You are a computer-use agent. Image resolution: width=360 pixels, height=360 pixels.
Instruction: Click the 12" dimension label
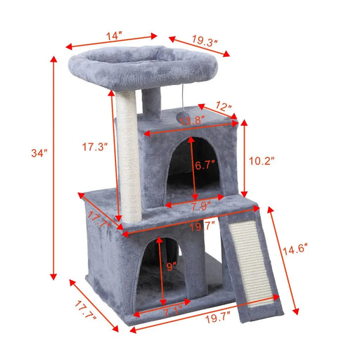[x=223, y=108]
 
